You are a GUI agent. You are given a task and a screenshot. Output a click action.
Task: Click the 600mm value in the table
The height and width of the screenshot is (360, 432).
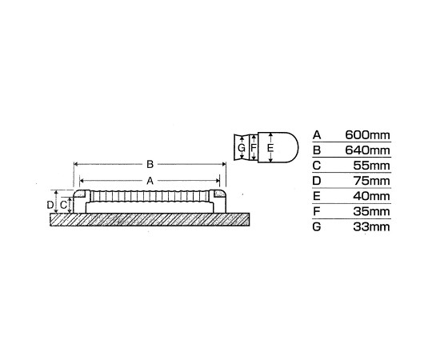(x=367, y=135)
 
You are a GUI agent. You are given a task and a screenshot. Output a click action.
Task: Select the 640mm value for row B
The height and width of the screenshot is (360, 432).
(x=367, y=150)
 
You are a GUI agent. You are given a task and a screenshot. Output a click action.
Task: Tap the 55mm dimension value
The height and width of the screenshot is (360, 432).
(x=372, y=166)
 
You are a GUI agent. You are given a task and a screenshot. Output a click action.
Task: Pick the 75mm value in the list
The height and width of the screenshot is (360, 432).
(x=372, y=181)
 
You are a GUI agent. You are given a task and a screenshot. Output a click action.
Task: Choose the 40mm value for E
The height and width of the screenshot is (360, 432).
(x=372, y=196)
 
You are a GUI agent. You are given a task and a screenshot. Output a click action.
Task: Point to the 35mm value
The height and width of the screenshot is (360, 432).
(x=372, y=211)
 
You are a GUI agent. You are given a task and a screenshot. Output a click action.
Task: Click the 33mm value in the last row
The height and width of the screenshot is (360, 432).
(x=372, y=227)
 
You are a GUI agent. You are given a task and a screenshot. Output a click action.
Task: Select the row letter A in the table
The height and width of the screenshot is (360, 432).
(x=317, y=135)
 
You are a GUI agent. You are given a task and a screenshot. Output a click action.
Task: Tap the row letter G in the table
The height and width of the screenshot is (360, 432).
(x=317, y=227)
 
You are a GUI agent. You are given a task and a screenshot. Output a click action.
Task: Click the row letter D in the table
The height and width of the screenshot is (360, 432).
(x=317, y=181)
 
